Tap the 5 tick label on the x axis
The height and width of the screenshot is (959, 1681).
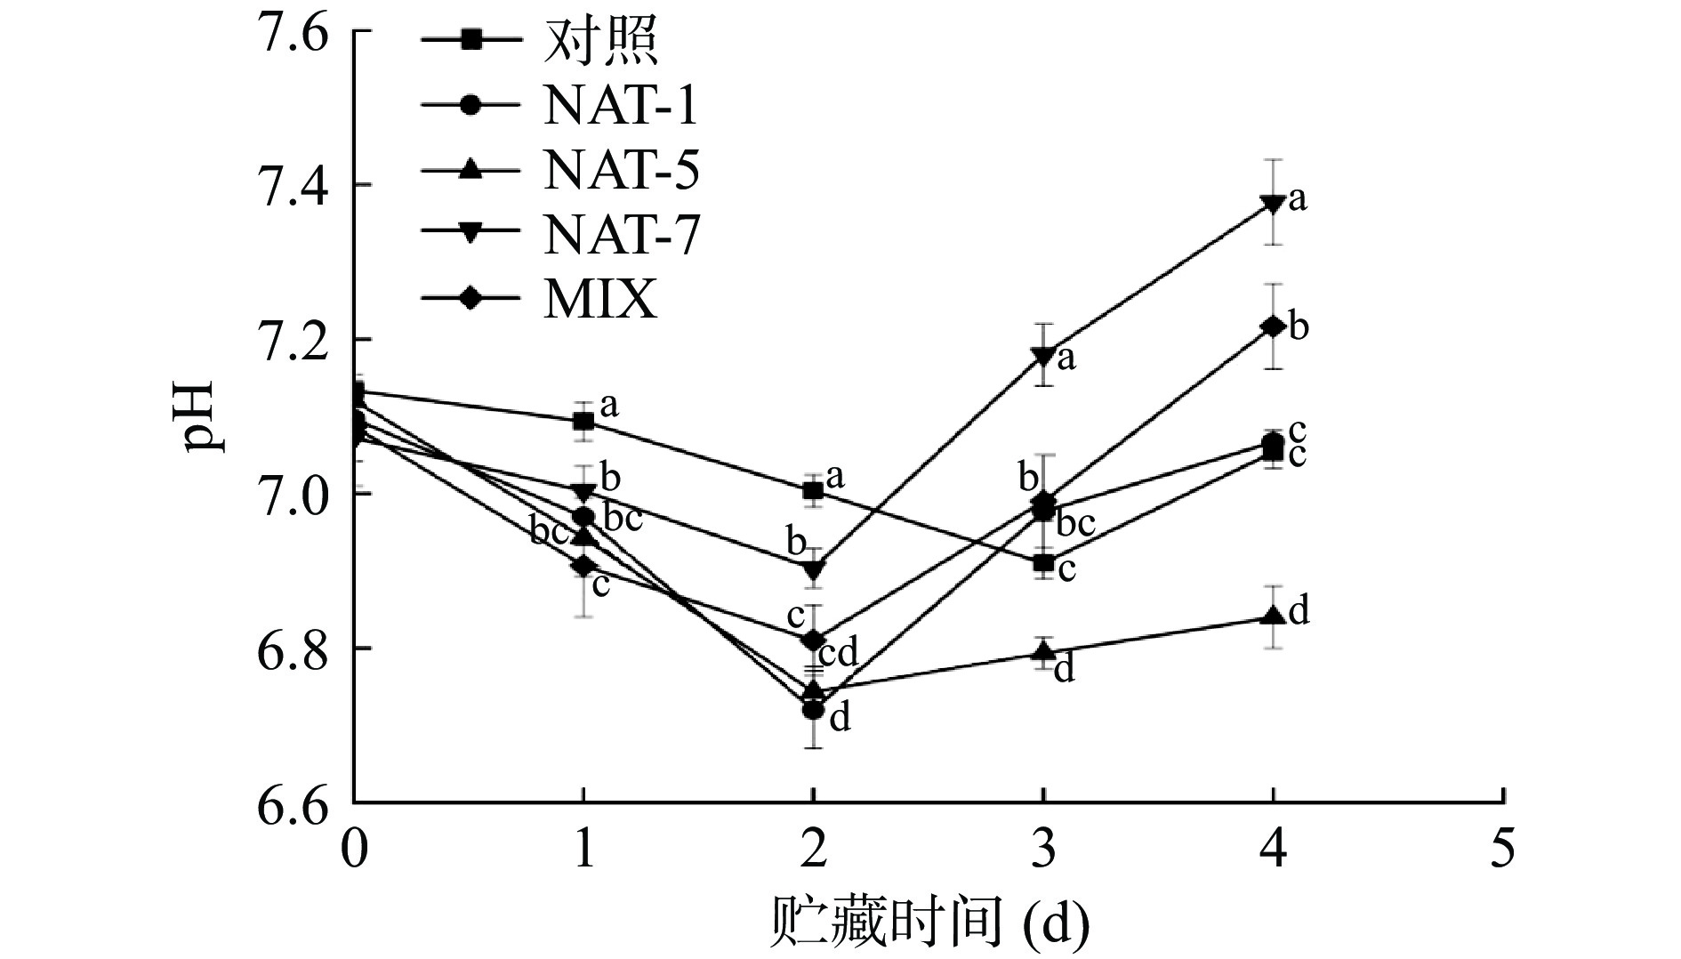pyautogui.click(x=1502, y=850)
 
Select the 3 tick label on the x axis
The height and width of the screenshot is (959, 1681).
pyautogui.click(x=1043, y=850)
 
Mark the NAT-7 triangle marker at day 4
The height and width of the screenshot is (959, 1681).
pyautogui.click(x=1273, y=204)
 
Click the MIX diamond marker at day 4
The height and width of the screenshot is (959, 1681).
pyautogui.click(x=1273, y=326)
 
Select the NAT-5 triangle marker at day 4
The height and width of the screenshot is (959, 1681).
pyautogui.click(x=1273, y=616)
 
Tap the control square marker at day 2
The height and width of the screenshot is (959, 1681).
pyautogui.click(x=812, y=490)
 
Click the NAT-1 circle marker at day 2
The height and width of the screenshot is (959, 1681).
pyautogui.click(x=812, y=710)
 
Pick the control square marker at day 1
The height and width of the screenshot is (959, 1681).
pyautogui.click(x=583, y=421)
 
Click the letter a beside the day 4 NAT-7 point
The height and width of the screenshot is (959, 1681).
pyautogui.click(x=1298, y=199)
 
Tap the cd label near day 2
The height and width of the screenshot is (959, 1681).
pyautogui.click(x=837, y=654)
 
